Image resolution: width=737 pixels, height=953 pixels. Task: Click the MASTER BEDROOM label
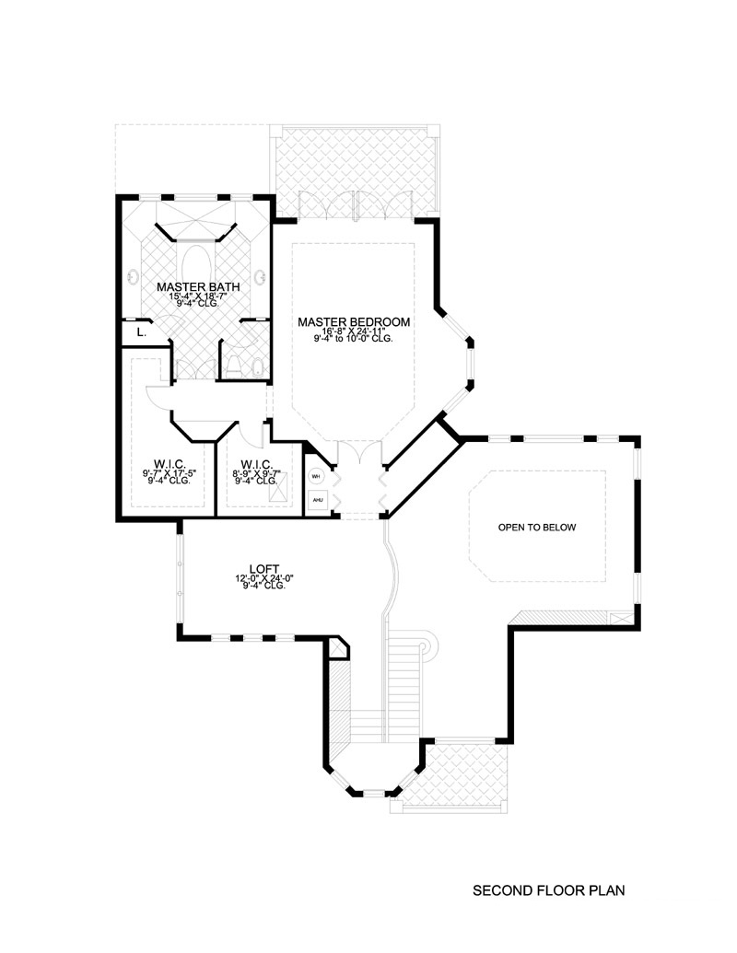[354, 321]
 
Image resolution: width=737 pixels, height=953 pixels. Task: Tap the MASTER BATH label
[198, 286]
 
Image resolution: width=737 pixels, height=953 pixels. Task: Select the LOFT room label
[263, 569]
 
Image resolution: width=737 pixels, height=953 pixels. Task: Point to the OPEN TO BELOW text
[536, 528]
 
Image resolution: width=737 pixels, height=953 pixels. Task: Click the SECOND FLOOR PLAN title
[549, 890]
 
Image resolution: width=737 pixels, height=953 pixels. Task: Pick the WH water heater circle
[316, 477]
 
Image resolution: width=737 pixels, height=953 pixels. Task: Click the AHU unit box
[316, 500]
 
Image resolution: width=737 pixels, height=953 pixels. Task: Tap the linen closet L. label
[140, 331]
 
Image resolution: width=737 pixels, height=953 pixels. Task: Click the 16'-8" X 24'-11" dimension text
[354, 331]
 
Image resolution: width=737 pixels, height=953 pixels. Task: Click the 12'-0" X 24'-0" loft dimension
[263, 578]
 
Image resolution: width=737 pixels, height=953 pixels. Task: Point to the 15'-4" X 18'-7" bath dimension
[198, 296]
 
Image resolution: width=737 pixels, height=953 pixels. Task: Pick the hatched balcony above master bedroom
[356, 166]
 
